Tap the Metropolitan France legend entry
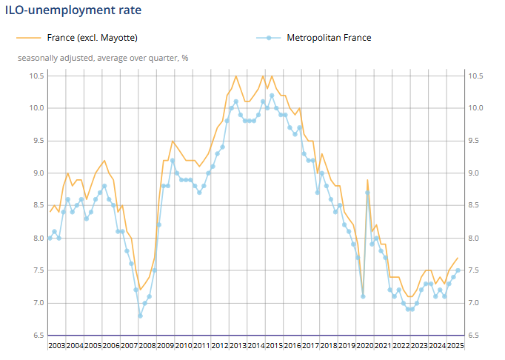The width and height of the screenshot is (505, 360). pyautogui.click(x=329, y=37)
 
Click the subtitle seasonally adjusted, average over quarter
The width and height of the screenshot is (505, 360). pyautogui.click(x=103, y=57)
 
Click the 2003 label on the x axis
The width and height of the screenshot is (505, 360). pyautogui.click(x=57, y=345)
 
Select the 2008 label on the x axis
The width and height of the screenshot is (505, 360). pyautogui.click(x=147, y=345)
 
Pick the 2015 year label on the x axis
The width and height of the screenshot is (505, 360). pyautogui.click(x=273, y=345)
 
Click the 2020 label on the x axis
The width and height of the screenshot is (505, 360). pyautogui.click(x=364, y=345)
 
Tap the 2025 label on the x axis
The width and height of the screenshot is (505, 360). pyautogui.click(x=454, y=345)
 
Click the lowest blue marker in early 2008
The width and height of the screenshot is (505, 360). pyautogui.click(x=140, y=316)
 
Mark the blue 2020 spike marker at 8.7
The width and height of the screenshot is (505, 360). pyautogui.click(x=367, y=193)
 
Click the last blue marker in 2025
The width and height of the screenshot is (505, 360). pyautogui.click(x=458, y=270)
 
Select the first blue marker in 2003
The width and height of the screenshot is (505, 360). pyautogui.click(x=50, y=238)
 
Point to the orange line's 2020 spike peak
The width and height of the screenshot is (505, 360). pyautogui.click(x=367, y=179)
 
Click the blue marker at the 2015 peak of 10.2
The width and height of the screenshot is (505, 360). pyautogui.click(x=272, y=96)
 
